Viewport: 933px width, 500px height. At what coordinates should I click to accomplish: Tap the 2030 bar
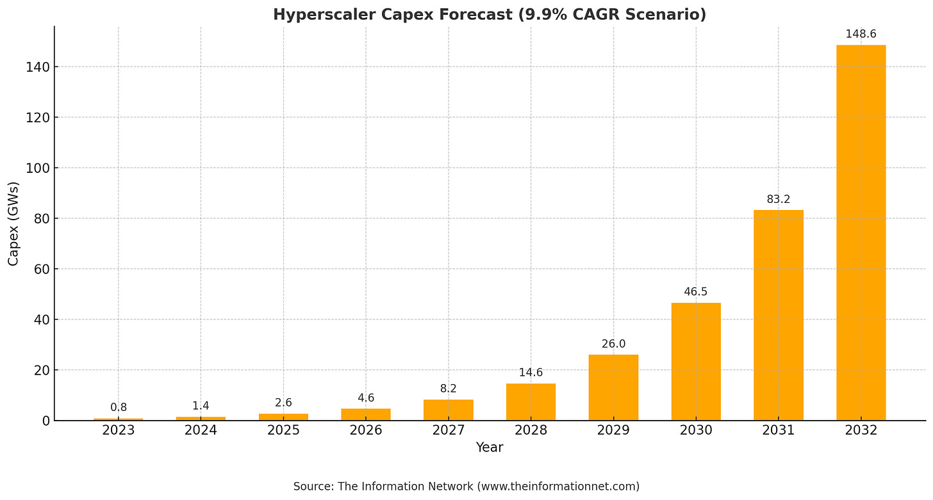(696, 362)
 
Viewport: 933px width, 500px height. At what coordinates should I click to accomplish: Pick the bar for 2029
(613, 387)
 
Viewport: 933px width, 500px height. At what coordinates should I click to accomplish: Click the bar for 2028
(531, 402)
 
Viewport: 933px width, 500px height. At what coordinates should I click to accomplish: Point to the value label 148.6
(861, 34)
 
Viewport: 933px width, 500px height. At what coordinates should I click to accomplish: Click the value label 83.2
(778, 199)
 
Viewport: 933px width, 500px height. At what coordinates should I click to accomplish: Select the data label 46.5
(696, 292)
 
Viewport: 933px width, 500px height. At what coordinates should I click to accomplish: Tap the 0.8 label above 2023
(119, 407)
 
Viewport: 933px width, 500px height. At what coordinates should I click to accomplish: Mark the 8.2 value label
(449, 389)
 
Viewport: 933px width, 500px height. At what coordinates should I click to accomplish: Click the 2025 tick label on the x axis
(283, 430)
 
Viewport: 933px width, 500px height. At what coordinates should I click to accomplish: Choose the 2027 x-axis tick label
(449, 430)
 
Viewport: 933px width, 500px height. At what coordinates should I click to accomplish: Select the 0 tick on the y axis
(45, 421)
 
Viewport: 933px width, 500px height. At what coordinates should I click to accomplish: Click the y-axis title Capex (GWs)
(13, 223)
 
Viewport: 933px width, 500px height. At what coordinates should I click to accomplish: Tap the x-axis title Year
(490, 448)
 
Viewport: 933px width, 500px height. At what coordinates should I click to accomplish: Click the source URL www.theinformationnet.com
(557, 487)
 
